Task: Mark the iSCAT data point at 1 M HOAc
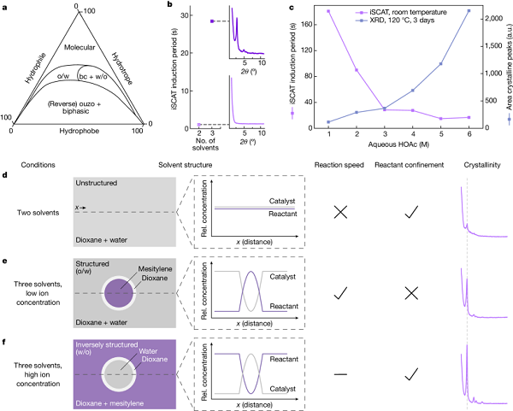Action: click(x=328, y=11)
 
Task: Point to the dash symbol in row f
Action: click(x=340, y=373)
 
